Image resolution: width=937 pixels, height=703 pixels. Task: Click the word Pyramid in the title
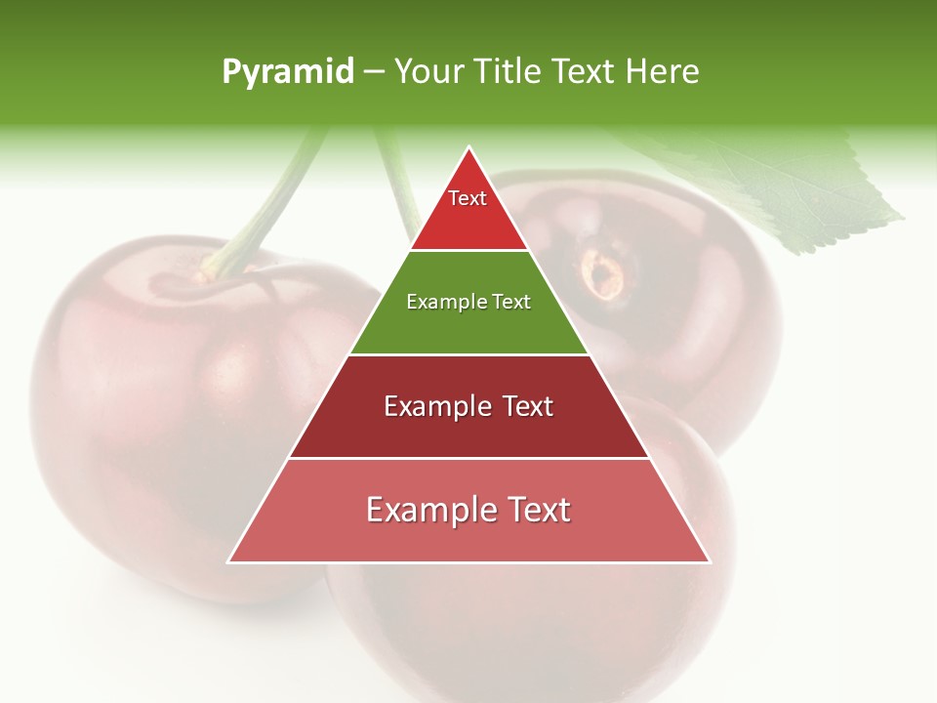288,72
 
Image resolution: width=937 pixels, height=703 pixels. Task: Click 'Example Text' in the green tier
468,303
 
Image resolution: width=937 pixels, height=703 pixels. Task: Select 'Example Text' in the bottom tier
468,510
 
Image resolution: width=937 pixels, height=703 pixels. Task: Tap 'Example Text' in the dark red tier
468,406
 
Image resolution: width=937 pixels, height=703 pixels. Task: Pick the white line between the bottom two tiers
468,458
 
